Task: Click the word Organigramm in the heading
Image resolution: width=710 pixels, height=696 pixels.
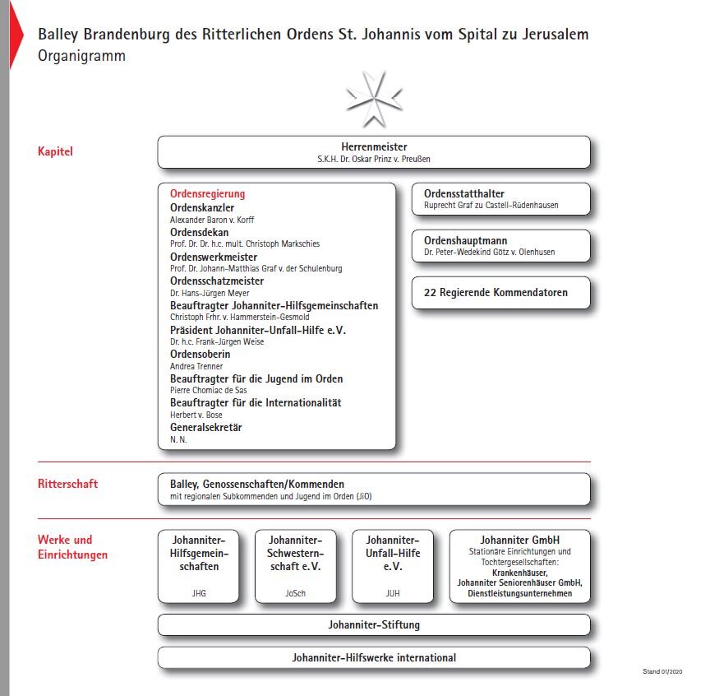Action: click(81, 57)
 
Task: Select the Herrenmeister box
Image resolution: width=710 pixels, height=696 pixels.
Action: click(374, 152)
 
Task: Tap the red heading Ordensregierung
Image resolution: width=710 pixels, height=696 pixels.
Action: click(207, 194)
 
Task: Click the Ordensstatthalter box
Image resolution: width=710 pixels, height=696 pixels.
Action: click(500, 199)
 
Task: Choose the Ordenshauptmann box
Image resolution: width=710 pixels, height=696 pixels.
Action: click(500, 246)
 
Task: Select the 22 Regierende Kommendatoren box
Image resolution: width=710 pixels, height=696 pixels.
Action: click(500, 293)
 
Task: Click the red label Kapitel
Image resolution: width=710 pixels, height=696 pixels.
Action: click(55, 151)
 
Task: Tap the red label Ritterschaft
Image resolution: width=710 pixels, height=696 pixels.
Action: click(67, 484)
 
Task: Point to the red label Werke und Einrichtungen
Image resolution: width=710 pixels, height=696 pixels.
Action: click(72, 547)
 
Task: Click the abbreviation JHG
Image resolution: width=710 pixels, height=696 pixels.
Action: click(199, 592)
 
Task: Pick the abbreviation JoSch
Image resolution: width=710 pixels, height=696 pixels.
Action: click(296, 592)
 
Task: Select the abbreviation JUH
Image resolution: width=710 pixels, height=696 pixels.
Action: click(393, 592)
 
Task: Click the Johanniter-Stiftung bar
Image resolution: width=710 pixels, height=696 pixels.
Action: click(374, 625)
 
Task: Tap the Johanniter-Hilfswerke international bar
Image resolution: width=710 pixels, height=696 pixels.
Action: click(374, 657)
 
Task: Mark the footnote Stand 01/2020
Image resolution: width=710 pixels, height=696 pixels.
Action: click(662, 672)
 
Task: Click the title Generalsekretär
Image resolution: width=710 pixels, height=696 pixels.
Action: click(206, 428)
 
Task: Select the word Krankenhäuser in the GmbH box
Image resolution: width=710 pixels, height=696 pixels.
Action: click(519, 572)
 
